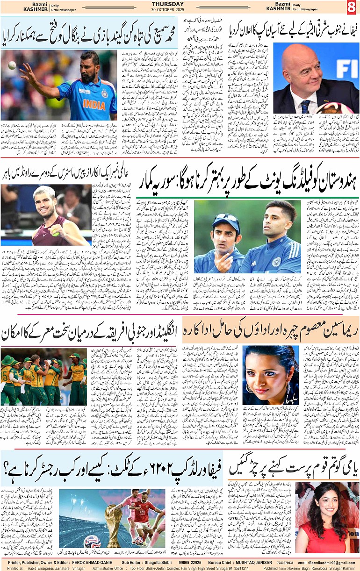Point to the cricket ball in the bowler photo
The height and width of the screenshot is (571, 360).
pos(12,65)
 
